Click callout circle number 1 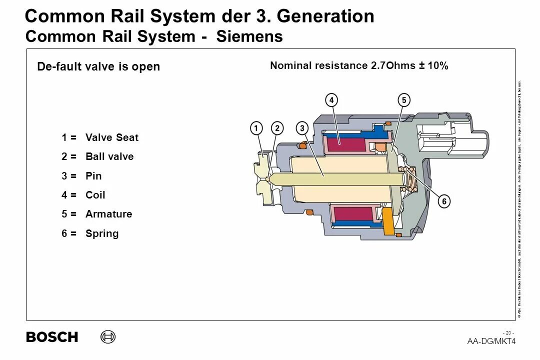point(256,128)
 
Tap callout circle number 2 point(277,128)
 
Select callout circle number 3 point(302,128)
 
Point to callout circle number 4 point(331,100)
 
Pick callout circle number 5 point(403,100)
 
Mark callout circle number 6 point(443,201)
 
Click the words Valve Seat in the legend point(112,137)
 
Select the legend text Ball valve point(109,156)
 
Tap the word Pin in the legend point(93,176)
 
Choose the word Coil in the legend point(95,195)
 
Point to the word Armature point(109,214)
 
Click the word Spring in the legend point(102,233)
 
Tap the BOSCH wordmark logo point(52,337)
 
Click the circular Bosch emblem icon point(107,337)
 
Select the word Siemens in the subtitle point(249,36)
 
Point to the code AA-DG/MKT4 point(491,341)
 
